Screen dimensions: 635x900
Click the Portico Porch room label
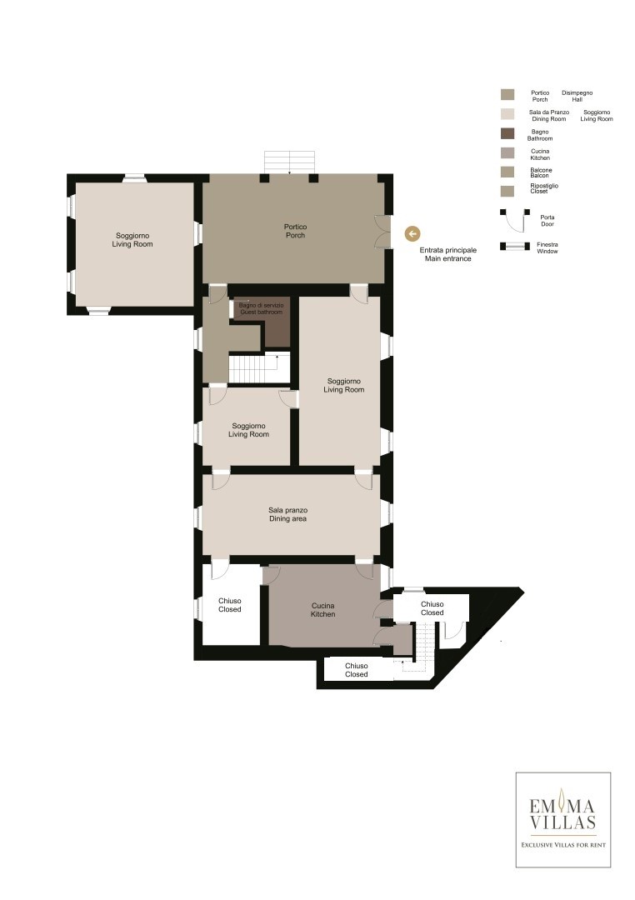point(295,231)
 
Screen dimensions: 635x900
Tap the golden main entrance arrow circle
point(412,233)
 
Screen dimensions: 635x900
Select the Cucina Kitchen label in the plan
point(322,609)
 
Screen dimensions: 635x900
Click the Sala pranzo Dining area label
point(287,514)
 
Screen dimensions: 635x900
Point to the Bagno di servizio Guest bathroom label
point(261,309)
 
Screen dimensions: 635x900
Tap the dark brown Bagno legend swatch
point(507,133)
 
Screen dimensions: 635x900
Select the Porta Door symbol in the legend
point(514,220)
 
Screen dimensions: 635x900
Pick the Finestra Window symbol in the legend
point(514,246)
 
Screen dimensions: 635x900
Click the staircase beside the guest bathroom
point(258,368)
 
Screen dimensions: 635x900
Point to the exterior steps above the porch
point(289,162)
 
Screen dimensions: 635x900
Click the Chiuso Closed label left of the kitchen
point(230,605)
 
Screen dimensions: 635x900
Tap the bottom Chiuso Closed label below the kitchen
point(356,670)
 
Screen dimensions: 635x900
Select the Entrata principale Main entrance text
point(447,254)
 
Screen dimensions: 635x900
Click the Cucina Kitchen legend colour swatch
point(507,152)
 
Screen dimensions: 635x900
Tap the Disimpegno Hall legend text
point(577,96)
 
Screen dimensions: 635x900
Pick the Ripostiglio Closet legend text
point(543,188)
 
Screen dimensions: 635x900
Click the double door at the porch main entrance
point(383,232)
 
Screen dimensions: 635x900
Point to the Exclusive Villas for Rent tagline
point(563,845)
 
